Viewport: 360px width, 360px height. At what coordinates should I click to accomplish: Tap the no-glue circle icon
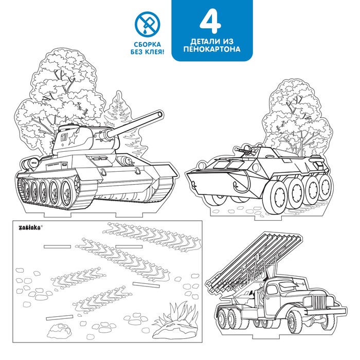pos(148,24)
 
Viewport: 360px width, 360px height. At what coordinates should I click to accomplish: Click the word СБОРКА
pos(148,44)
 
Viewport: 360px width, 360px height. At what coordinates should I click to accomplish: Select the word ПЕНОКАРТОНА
pos(212,49)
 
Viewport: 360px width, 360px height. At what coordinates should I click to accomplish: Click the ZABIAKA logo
pos(30,228)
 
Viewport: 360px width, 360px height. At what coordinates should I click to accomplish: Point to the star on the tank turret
pos(73,138)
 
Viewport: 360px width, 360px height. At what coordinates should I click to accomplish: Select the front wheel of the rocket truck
pos(296,321)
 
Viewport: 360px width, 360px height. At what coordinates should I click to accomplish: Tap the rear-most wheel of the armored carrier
pos(326,186)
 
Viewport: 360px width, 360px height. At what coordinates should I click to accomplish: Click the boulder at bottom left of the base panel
pos(59,330)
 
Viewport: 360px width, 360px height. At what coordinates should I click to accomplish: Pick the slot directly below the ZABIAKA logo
pos(57,246)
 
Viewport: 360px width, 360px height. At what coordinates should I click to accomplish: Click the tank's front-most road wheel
pos(67,191)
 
